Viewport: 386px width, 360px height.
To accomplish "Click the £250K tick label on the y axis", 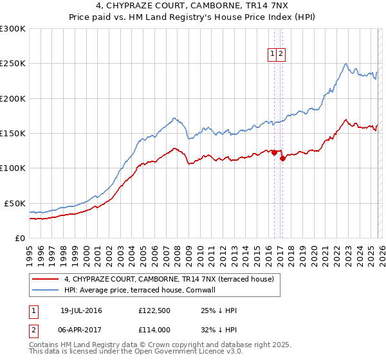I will (13, 64).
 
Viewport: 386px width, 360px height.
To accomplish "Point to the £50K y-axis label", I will (15, 203).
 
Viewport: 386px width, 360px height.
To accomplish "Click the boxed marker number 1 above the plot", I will (273, 55).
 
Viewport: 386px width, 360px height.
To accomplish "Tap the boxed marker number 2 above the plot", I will (282, 55).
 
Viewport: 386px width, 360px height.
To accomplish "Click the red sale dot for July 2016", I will (274, 152).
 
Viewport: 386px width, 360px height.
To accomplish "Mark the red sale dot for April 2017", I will (282, 158).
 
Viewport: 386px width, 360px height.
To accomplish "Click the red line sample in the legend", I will (46, 279).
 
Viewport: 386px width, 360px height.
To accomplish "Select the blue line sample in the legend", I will (46, 290).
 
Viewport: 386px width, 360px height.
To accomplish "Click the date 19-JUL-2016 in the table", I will (81, 310).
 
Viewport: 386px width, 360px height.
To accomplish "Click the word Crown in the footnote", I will (144, 345).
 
